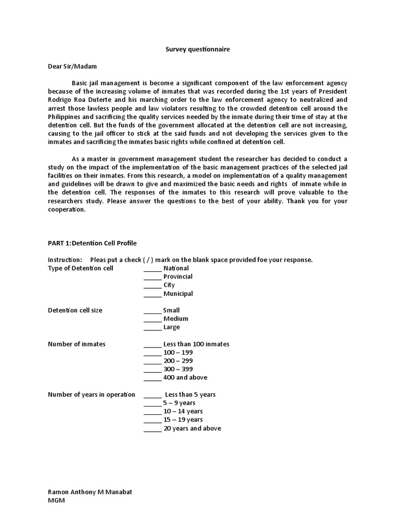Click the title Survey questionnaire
coord(197,49)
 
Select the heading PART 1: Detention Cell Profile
coord(92,243)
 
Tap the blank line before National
coord(152,269)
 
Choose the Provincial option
coord(178,276)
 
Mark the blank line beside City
coord(152,285)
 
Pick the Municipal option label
coord(178,293)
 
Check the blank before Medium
coord(152,319)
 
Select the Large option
coord(171,327)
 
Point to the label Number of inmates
coord(76,344)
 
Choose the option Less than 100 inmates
coord(196,344)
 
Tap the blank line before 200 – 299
coord(152,361)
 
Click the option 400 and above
coord(185,377)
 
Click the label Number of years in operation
coord(91,394)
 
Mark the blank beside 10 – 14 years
coord(152,412)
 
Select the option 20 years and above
coord(192,428)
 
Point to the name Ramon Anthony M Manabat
coord(90,491)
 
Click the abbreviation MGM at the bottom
coord(56,500)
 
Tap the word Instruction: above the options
coord(65,259)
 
